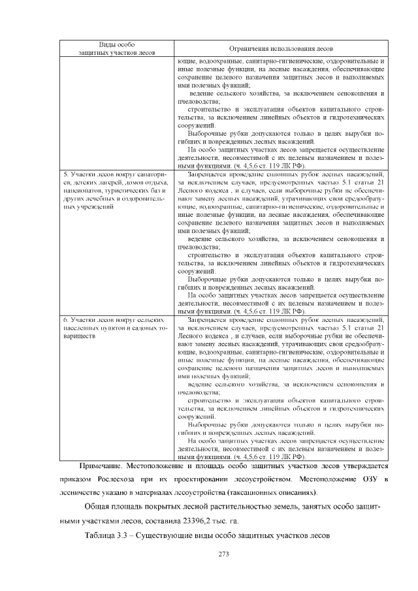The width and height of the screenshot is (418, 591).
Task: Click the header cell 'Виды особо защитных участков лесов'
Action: coord(116,48)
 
